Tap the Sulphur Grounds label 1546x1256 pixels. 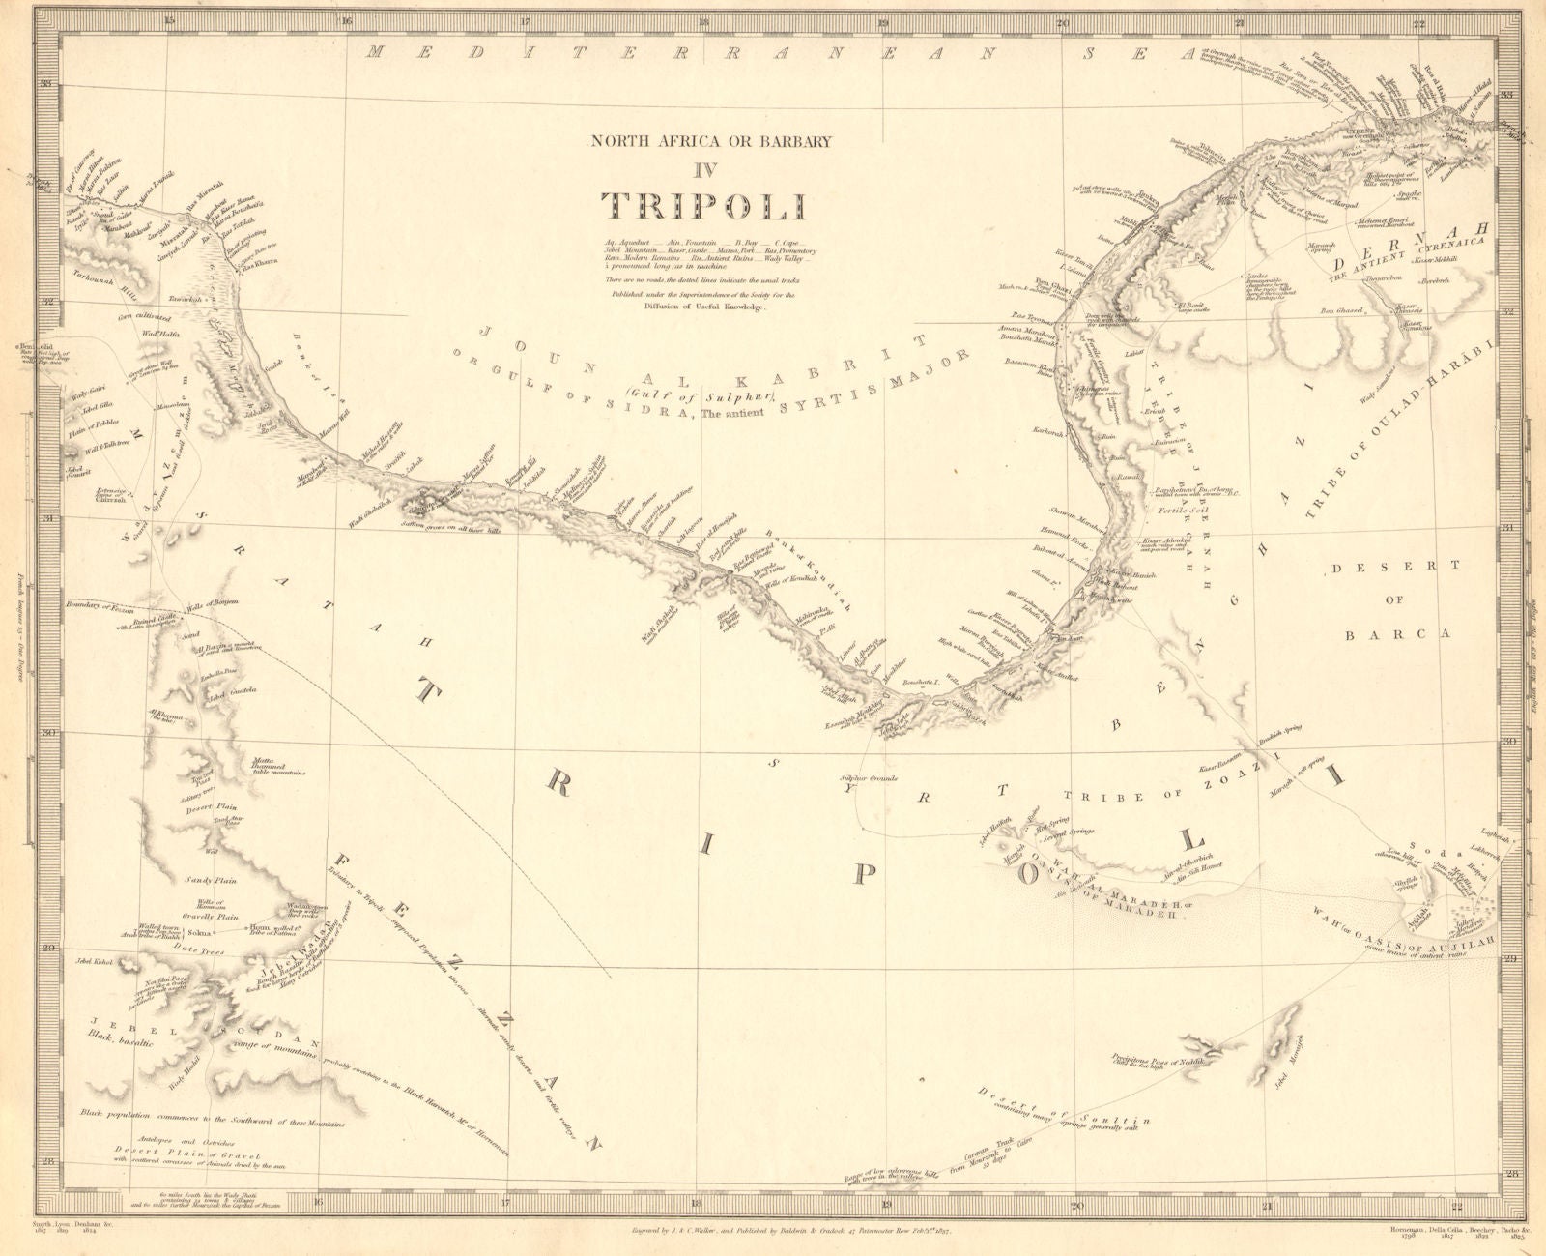869,777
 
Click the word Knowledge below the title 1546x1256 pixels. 735,307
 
